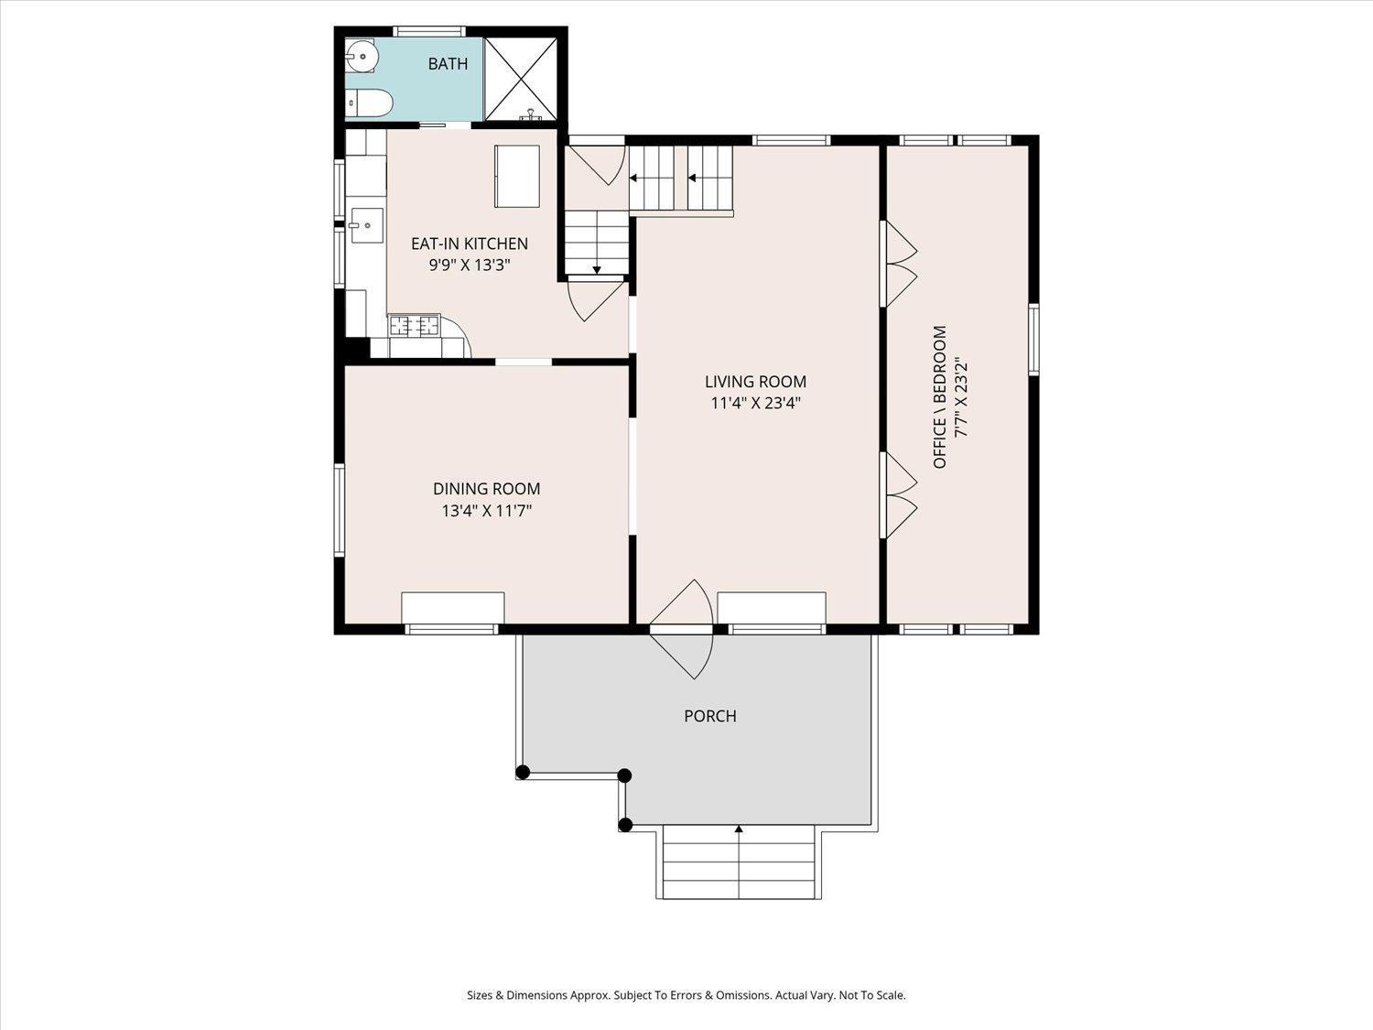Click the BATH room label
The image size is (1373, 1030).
(448, 64)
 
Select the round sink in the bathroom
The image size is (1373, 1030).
(362, 56)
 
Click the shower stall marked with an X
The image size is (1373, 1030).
(521, 79)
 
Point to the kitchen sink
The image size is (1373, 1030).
(366, 225)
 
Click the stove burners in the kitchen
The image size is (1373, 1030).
(414, 325)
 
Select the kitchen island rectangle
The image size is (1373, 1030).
(516, 176)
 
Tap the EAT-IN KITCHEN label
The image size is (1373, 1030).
(470, 244)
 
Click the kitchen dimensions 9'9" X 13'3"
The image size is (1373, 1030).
(470, 266)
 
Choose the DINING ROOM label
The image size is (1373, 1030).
(487, 488)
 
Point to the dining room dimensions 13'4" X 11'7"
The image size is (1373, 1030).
(487, 511)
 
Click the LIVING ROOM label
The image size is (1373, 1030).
(756, 382)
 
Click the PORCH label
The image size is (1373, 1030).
(710, 716)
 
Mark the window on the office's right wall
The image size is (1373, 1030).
(1033, 340)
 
